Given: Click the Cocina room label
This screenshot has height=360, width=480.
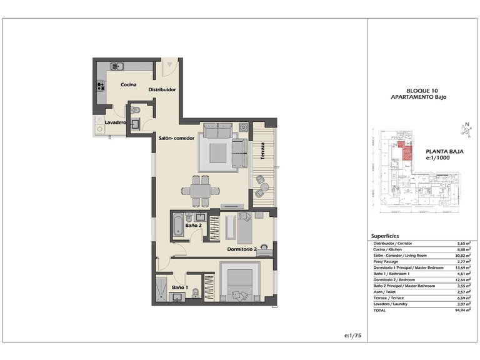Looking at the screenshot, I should pyautogui.click(x=129, y=85).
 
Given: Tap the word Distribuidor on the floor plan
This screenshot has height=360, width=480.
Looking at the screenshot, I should pyautogui.click(x=162, y=90).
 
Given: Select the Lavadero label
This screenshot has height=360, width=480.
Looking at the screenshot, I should pyautogui.click(x=116, y=122).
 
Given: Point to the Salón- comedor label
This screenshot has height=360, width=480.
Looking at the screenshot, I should pyautogui.click(x=176, y=139).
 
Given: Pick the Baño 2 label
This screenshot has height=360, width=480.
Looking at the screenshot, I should pyautogui.click(x=194, y=225).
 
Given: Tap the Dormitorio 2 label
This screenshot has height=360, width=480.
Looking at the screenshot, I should pyautogui.click(x=242, y=249).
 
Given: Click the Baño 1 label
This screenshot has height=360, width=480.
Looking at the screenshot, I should pyautogui.click(x=179, y=287).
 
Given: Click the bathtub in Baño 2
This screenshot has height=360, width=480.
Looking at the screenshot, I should pyautogui.click(x=178, y=224).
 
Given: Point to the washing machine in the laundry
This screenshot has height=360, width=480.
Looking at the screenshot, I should pyautogui.click(x=99, y=128).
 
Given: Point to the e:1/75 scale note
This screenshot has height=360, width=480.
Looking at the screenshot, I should pyautogui.click(x=353, y=336).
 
